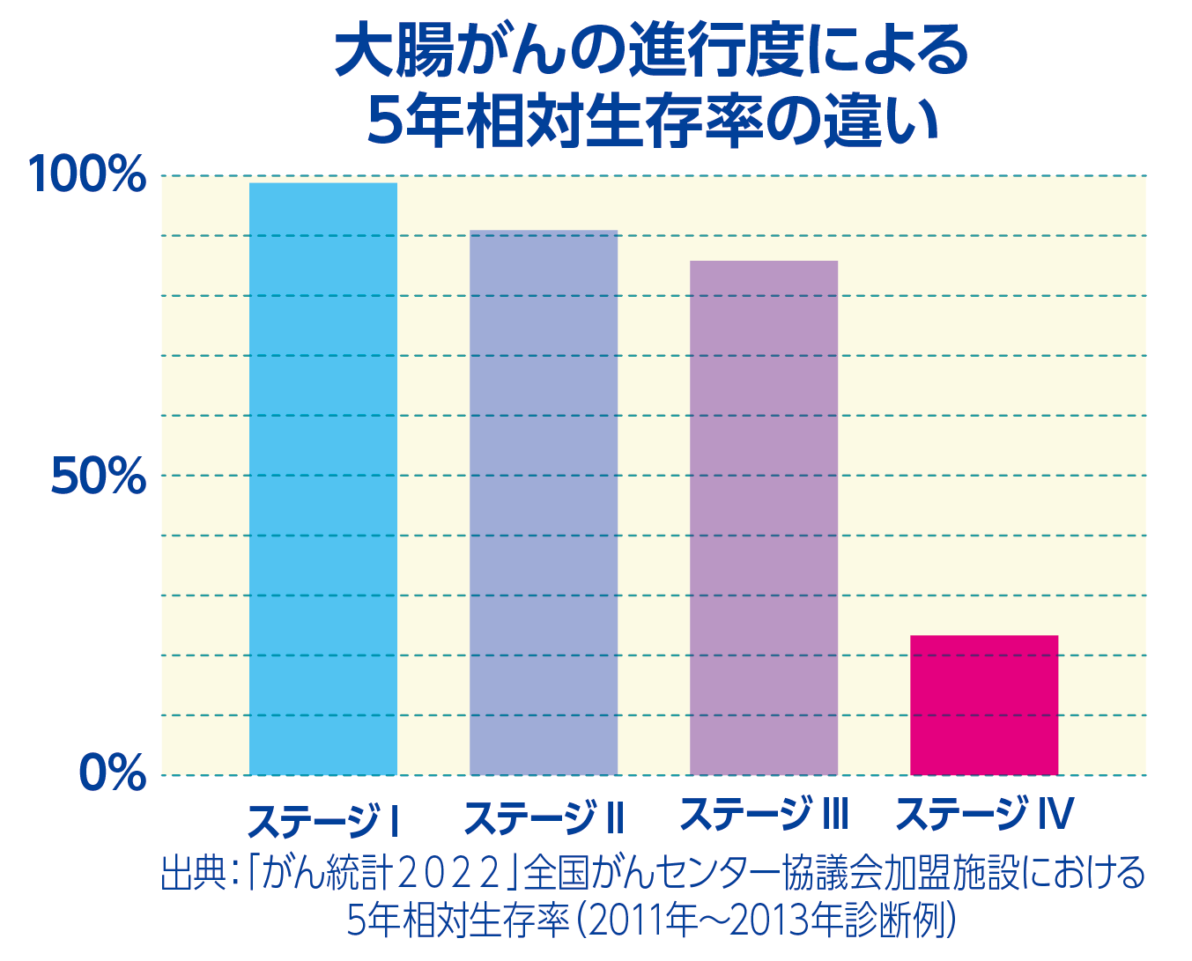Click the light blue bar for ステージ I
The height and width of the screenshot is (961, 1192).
(x=323, y=479)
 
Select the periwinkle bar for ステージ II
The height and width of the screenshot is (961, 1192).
(x=544, y=503)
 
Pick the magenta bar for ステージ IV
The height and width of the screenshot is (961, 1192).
(x=984, y=705)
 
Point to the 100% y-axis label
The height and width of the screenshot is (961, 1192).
(x=87, y=174)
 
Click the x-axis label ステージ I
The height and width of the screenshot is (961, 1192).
(x=323, y=820)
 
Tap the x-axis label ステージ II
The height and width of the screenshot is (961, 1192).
(x=544, y=818)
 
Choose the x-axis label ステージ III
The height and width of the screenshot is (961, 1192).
(x=764, y=815)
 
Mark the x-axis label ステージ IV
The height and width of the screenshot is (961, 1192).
(x=984, y=815)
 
